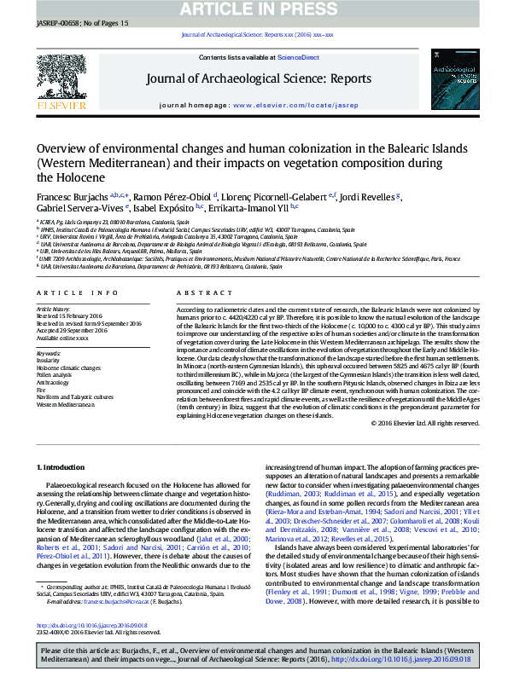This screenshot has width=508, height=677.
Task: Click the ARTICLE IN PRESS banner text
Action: coord(254,9)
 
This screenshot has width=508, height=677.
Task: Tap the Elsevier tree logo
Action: coord(61,79)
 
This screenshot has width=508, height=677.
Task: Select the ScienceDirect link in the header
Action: coord(298,57)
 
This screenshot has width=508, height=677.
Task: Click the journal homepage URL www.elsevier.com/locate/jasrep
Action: coord(295,105)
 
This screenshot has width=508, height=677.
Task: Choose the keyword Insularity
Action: coord(48,360)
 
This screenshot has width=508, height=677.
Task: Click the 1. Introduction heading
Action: coord(61,467)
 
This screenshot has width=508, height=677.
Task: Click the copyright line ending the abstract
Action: coord(423,423)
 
